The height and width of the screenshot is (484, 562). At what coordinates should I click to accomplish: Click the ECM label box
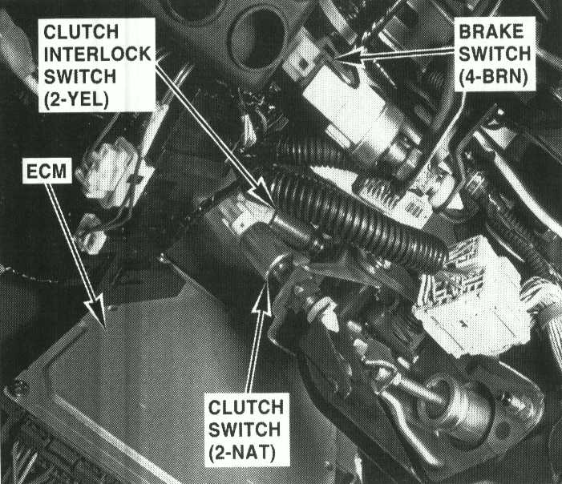click(47, 171)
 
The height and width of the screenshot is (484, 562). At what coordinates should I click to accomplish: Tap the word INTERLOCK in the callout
click(98, 54)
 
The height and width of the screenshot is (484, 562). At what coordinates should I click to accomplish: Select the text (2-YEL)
click(76, 100)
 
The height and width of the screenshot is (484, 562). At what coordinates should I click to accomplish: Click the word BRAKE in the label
click(491, 32)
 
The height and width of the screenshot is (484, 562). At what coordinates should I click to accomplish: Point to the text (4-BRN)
click(493, 77)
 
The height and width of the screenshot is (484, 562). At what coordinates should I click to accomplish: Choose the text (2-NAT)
click(242, 453)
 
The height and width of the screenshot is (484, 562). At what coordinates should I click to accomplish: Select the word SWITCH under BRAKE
click(495, 54)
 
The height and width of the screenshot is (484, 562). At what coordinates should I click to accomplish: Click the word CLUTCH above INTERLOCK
click(81, 32)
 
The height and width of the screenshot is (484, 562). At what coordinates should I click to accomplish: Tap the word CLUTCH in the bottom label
click(246, 407)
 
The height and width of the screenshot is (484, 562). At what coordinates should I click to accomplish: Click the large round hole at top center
click(259, 36)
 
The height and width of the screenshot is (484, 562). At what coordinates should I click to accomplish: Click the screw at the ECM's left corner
click(16, 389)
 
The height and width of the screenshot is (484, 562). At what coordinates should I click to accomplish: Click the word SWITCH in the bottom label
click(245, 430)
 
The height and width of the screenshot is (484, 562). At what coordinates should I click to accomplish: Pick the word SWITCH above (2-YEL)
click(80, 77)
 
